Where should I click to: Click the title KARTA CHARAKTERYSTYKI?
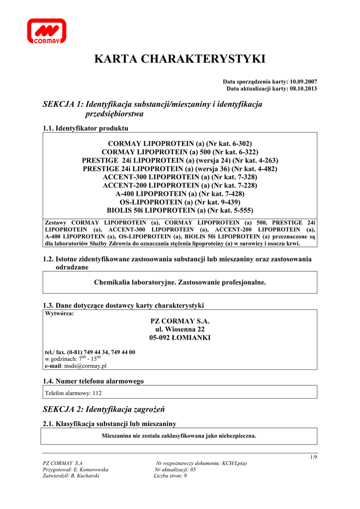coord(180,59)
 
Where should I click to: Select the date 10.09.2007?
coord(303,81)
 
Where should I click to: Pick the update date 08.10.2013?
coord(303,88)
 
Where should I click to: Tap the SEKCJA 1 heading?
coord(153,109)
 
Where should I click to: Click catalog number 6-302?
coord(241,143)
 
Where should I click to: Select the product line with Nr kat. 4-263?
coord(180,160)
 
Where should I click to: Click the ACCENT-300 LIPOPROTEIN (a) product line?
coord(180,177)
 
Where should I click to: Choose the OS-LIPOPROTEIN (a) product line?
coord(180,202)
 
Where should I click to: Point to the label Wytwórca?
coord(60,314)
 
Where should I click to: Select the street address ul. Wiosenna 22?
coord(180,329)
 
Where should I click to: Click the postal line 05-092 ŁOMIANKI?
coord(180,338)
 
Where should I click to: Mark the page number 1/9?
coord(313,457)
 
